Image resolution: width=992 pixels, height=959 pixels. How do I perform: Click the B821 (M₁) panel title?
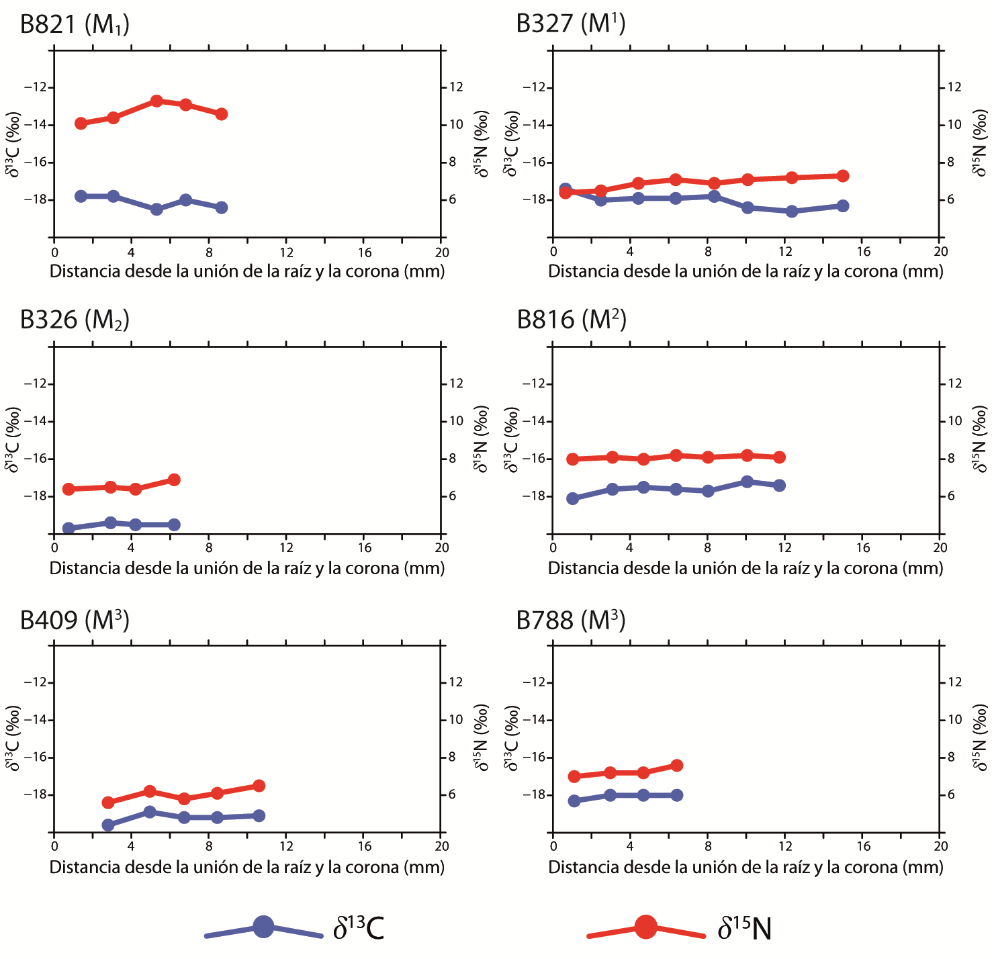(75, 25)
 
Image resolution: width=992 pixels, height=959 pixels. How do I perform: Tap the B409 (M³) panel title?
(75, 620)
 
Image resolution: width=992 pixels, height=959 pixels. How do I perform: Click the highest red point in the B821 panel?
(156, 101)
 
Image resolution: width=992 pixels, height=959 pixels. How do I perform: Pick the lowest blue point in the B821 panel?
(156, 210)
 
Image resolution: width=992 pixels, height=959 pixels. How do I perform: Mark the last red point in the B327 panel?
(843, 176)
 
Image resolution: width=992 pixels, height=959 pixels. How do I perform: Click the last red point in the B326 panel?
(174, 479)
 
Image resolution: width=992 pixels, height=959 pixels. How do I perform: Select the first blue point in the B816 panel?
(573, 498)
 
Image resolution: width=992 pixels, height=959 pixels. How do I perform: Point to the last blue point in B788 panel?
(676, 795)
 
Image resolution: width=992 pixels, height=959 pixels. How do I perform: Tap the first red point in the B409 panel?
(108, 803)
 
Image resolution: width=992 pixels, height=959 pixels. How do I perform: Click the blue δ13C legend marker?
(263, 927)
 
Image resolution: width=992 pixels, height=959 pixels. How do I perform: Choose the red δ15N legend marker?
(646, 927)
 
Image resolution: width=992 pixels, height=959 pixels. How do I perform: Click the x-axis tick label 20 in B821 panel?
(441, 253)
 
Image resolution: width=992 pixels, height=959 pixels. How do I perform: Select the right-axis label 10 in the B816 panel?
(954, 421)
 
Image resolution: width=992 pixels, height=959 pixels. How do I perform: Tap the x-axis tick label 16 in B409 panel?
(364, 846)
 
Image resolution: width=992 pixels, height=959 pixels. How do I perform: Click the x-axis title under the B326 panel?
(247, 568)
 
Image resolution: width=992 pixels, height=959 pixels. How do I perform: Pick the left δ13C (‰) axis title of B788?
(512, 738)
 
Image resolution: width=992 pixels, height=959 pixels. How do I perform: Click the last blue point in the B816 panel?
(779, 485)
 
